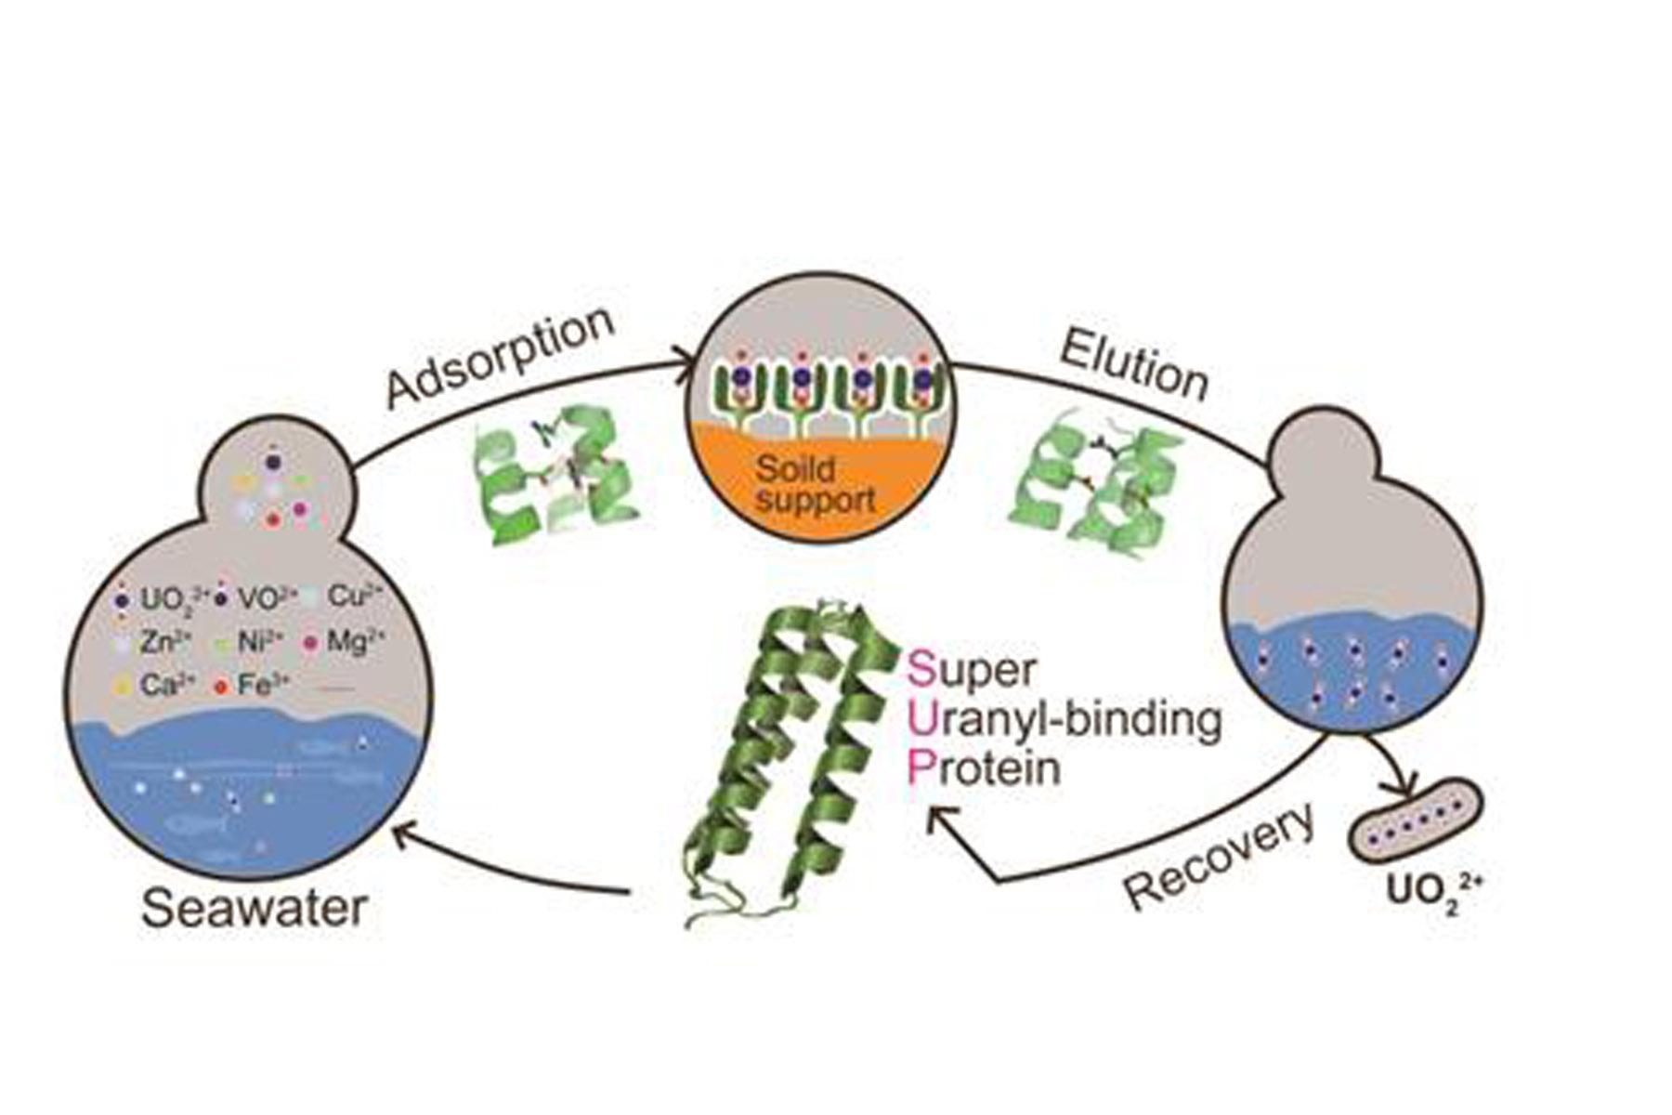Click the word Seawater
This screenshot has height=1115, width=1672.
tap(254, 907)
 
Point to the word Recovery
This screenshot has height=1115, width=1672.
tap(1220, 854)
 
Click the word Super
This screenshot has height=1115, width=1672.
tap(972, 668)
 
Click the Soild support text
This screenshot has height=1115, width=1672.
tap(815, 484)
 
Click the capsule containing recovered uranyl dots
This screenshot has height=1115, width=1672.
tap(1415, 815)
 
